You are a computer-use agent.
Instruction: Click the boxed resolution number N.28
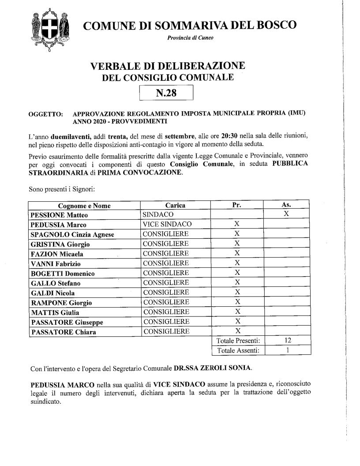(166, 93)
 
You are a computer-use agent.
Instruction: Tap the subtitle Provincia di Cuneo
(190, 38)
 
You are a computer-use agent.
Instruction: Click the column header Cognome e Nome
(84, 206)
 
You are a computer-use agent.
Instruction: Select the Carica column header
(175, 206)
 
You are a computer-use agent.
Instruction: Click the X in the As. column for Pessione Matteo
(286, 214)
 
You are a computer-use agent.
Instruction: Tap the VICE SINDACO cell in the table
(167, 224)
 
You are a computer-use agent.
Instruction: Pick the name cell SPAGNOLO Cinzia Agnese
(72, 234)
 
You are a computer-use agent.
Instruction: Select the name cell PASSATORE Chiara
(61, 332)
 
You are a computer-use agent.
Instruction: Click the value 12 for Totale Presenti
(286, 341)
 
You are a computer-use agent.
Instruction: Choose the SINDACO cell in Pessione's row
(157, 214)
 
